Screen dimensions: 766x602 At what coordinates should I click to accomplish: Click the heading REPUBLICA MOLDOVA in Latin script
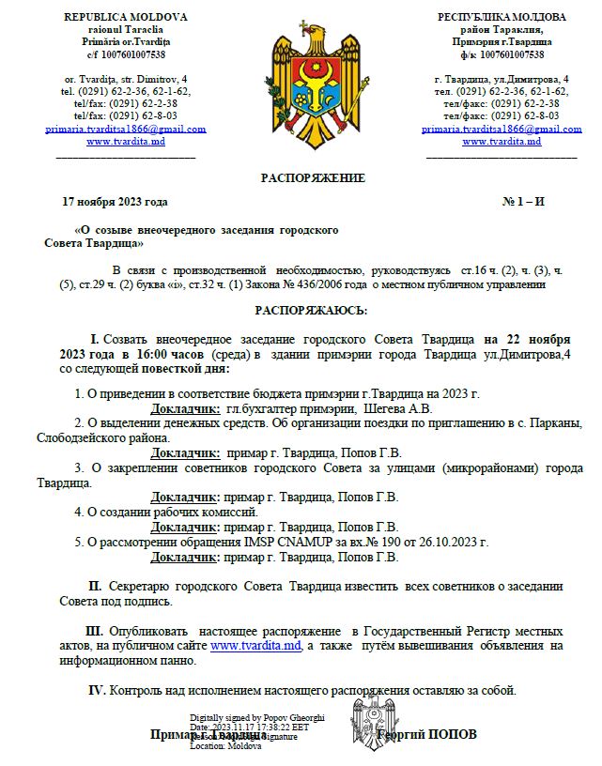[125, 17]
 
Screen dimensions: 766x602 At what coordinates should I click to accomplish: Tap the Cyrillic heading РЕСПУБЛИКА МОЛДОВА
[502, 17]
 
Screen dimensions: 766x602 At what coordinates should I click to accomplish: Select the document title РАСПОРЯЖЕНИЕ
[313, 177]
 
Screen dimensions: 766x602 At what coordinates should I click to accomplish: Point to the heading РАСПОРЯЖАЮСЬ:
[312, 310]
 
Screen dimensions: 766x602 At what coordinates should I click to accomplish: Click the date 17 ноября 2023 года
[115, 201]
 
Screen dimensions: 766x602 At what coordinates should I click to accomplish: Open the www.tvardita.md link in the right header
[502, 141]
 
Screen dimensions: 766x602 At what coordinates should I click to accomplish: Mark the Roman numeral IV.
[97, 691]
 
